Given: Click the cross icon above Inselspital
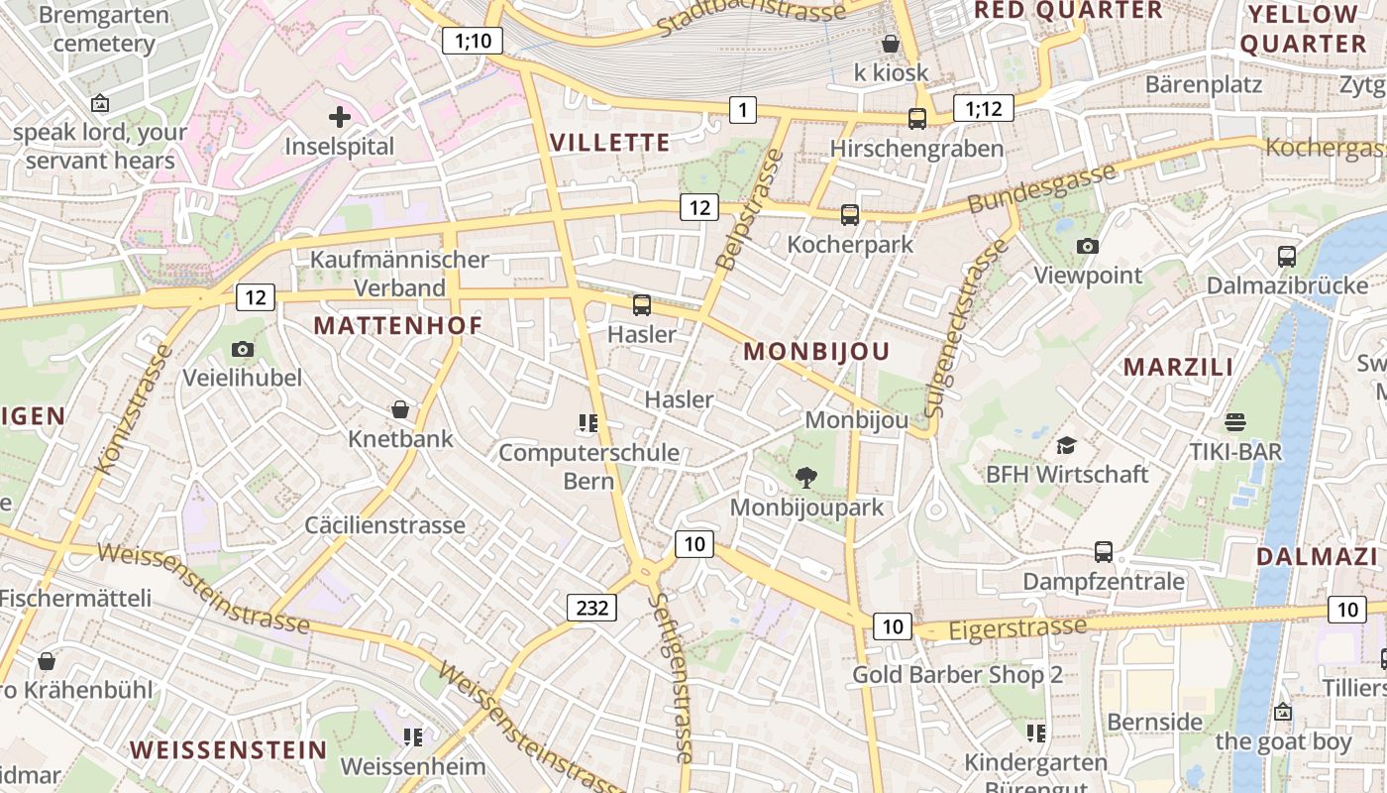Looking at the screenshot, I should click(x=340, y=117).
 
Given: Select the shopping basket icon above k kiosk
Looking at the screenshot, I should click(x=891, y=44).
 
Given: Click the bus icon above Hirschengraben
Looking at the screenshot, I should click(x=917, y=119).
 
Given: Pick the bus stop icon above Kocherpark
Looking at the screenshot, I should click(x=849, y=214).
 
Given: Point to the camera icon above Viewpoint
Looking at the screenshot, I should click(x=1088, y=246).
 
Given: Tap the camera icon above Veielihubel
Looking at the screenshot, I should click(x=243, y=349).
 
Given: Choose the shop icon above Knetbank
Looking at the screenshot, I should click(x=400, y=409).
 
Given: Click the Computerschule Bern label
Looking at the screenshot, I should click(x=588, y=467).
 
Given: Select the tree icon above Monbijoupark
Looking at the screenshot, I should click(x=806, y=478).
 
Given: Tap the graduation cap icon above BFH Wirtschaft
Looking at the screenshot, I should click(x=1066, y=445).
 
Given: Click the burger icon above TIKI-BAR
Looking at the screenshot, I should click(x=1235, y=422).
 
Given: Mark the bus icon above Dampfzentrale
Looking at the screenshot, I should click(x=1104, y=551).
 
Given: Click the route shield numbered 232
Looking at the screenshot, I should click(x=591, y=607).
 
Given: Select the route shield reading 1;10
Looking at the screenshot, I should click(x=473, y=41).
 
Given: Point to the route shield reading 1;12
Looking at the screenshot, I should click(x=983, y=108).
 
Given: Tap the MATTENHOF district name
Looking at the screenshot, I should click(x=398, y=325).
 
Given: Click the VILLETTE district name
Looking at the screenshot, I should click(x=610, y=142).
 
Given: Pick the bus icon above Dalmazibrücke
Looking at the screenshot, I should click(x=1287, y=256).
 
